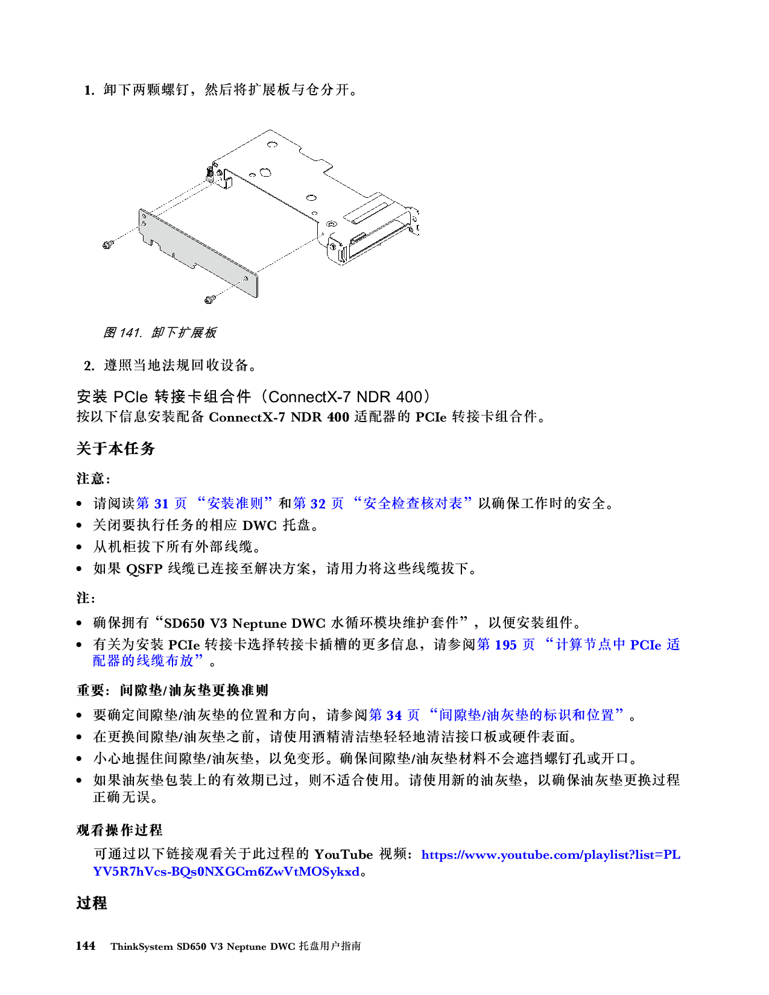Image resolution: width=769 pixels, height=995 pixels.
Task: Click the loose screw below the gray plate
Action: point(209,298)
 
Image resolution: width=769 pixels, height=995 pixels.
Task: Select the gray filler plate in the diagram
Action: point(199,253)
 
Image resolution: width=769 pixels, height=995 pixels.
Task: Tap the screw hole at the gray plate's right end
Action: point(245,279)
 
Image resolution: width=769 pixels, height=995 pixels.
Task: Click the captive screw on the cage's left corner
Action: point(209,174)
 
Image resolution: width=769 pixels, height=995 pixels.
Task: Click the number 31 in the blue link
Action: point(161,504)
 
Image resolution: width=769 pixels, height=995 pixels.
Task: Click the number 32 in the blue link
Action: point(318,504)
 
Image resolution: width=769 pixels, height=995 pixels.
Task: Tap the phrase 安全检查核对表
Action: point(413,504)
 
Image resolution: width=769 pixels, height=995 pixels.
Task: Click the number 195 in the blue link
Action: point(505,645)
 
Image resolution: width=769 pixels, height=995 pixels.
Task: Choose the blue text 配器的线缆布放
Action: point(144,661)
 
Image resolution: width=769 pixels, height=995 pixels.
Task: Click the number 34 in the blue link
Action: point(394,715)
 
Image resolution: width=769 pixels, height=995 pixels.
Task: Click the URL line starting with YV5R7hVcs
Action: point(226,872)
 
